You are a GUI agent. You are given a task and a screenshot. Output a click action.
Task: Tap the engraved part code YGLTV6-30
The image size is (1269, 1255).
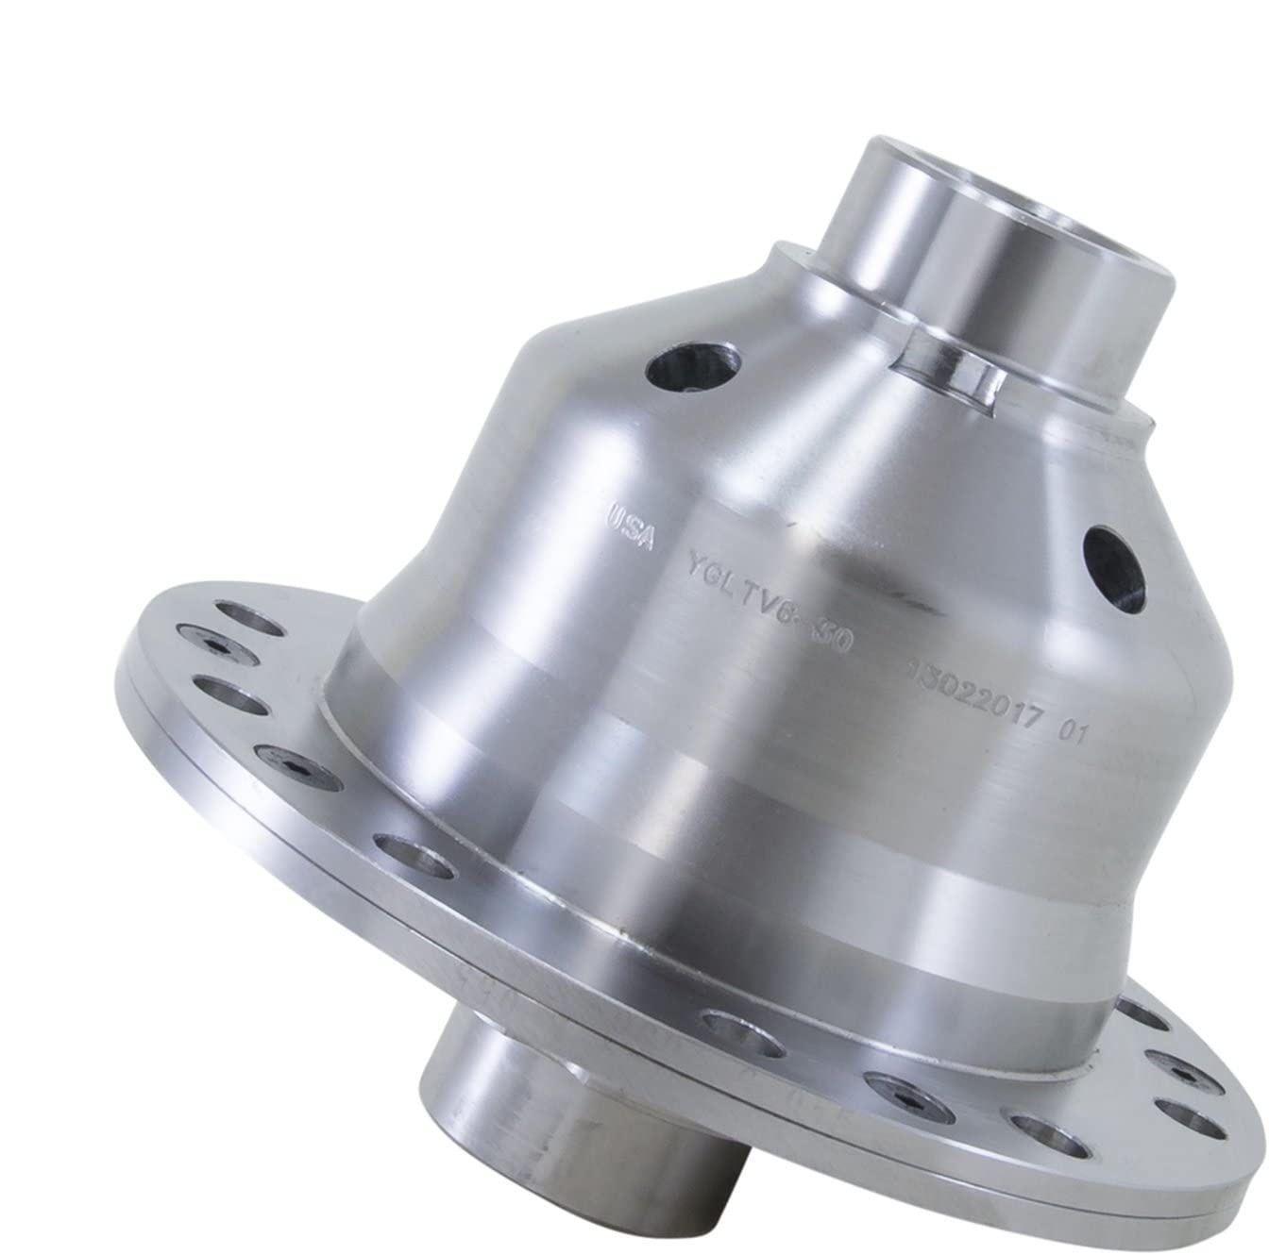[765, 624]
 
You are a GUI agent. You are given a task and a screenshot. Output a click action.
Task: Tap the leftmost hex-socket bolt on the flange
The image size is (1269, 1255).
[219, 644]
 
